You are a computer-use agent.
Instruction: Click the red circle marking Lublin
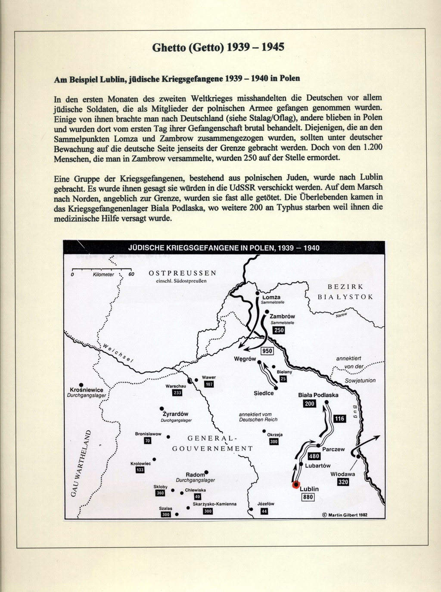pyautogui.click(x=295, y=485)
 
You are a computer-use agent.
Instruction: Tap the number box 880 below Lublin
pyautogui.click(x=307, y=497)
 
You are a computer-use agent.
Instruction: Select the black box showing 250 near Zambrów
pyautogui.click(x=279, y=330)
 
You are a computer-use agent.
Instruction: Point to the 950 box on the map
pyautogui.click(x=267, y=351)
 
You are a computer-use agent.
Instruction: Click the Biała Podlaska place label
pyautogui.click(x=318, y=395)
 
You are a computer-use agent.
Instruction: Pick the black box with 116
pyautogui.click(x=340, y=419)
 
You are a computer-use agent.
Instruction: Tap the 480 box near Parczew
pyautogui.click(x=314, y=456)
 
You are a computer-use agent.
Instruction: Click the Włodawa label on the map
pyautogui.click(x=342, y=474)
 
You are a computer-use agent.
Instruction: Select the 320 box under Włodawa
pyautogui.click(x=343, y=482)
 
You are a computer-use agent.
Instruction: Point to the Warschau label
pyautogui.click(x=176, y=386)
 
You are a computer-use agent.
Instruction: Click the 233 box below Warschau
pyautogui.click(x=177, y=393)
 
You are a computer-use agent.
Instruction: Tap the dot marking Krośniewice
pyautogui.click(x=81, y=385)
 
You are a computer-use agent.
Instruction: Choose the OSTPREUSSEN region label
pyautogui.click(x=183, y=273)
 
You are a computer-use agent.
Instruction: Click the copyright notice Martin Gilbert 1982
pyautogui.click(x=345, y=514)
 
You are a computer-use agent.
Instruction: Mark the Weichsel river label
pyautogui.click(x=118, y=354)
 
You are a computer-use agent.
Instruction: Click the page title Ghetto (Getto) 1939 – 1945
pyautogui.click(x=218, y=47)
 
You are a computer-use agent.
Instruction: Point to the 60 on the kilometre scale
pyautogui.click(x=131, y=274)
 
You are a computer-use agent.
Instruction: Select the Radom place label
pyautogui.click(x=195, y=475)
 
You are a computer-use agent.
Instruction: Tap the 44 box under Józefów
pyautogui.click(x=264, y=511)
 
